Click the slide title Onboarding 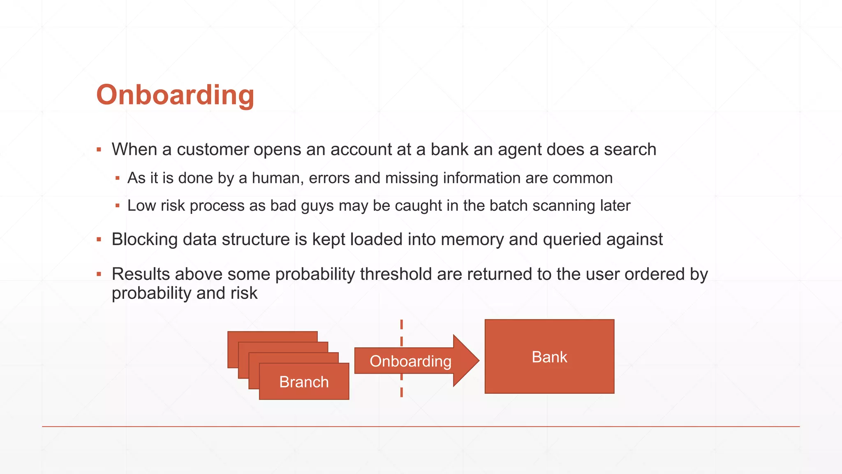[175, 95]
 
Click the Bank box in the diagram [549, 357]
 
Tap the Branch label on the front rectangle [304, 382]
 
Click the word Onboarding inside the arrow [410, 361]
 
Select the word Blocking [144, 239]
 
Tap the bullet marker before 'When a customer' [99, 150]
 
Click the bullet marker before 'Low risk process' [118, 206]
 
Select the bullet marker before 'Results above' [99, 274]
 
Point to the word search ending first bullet [630, 149]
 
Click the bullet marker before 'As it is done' [118, 178]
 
